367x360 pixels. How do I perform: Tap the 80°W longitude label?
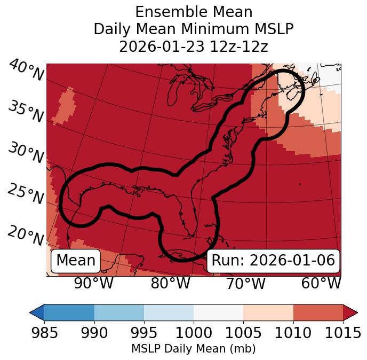[x=170, y=283]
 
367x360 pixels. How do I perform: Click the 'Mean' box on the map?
[x=76, y=261]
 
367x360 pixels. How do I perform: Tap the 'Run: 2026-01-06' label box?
[x=273, y=261]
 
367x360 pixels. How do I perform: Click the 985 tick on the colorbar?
[x=44, y=333]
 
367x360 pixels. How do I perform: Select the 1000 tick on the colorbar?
[x=194, y=333]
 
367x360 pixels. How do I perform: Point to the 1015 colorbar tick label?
[x=343, y=333]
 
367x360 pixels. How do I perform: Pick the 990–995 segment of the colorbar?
[x=119, y=312]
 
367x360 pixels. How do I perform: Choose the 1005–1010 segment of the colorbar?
[x=268, y=312]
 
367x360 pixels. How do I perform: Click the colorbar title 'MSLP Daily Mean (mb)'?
[x=194, y=349]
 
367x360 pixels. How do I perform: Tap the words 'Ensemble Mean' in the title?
[x=194, y=12]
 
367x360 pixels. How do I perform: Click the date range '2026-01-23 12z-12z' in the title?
[x=194, y=46]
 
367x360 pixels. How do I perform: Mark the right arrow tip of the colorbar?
[x=356, y=312]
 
